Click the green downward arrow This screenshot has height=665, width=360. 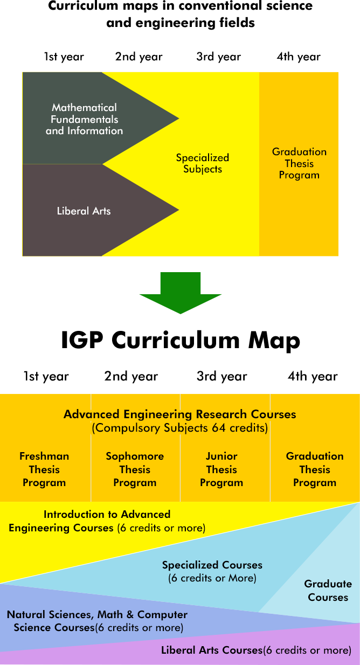pos(181,293)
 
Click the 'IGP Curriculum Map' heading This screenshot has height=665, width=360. pos(181,340)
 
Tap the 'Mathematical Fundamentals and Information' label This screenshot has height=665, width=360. pos(84,119)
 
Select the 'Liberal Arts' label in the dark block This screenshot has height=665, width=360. pos(84,211)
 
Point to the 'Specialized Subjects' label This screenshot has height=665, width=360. pos(203,163)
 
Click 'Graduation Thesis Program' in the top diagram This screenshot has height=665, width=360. pos(299,163)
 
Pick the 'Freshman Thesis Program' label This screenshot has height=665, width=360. pos(44,469)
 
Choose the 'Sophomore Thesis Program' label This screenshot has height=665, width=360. pos(135,469)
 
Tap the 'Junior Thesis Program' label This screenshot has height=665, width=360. pos(221,469)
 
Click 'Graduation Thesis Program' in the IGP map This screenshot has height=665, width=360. pos(315,469)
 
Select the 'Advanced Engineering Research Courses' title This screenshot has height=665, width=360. pos(180,414)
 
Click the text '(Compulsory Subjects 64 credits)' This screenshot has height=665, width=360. pos(180,428)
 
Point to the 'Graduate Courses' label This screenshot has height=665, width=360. pos(328,591)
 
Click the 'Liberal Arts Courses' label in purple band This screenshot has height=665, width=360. pos(212,650)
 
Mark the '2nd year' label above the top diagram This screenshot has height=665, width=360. pos(139,57)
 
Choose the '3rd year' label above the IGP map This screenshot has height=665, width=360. pos(221,376)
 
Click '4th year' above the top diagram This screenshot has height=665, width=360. pos(299,57)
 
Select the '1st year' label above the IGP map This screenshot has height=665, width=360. pos(46,376)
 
